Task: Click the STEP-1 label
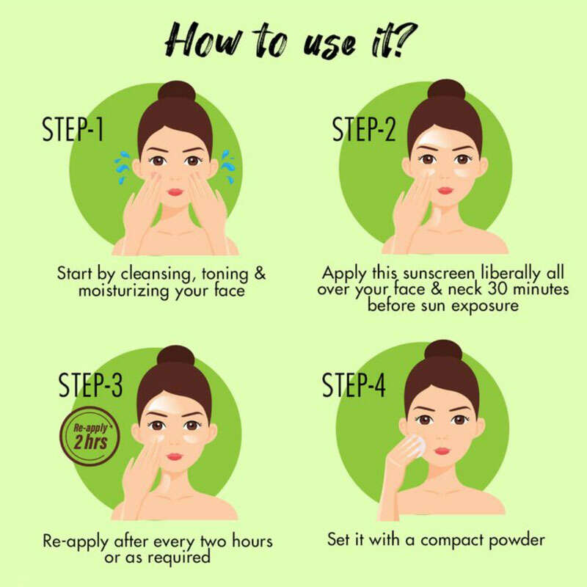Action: (73, 129)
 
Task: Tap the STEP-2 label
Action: (364, 129)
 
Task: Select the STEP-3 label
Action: (90, 384)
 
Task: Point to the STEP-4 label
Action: (354, 384)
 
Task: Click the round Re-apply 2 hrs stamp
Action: (90, 437)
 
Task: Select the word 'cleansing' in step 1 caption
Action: (158, 274)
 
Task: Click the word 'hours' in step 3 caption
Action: (252, 541)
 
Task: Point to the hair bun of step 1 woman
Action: (177, 92)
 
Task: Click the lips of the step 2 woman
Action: (445, 191)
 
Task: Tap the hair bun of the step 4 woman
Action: (444, 351)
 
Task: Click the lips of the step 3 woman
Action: (175, 456)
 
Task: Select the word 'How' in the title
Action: (204, 40)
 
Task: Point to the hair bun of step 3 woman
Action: (175, 357)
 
